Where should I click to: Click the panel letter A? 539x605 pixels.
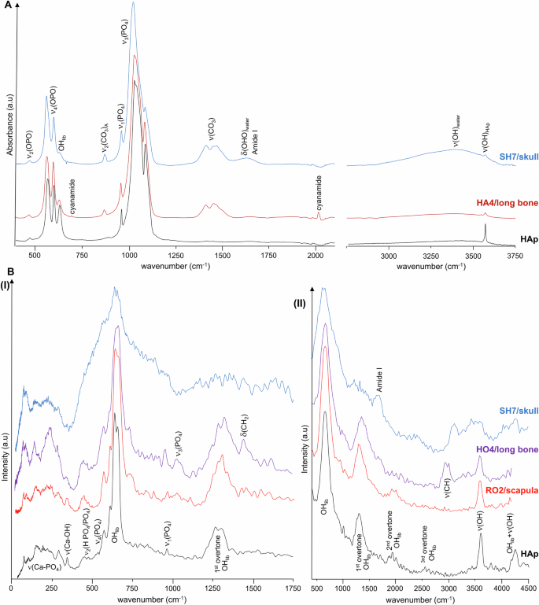click(x=6, y=4)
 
